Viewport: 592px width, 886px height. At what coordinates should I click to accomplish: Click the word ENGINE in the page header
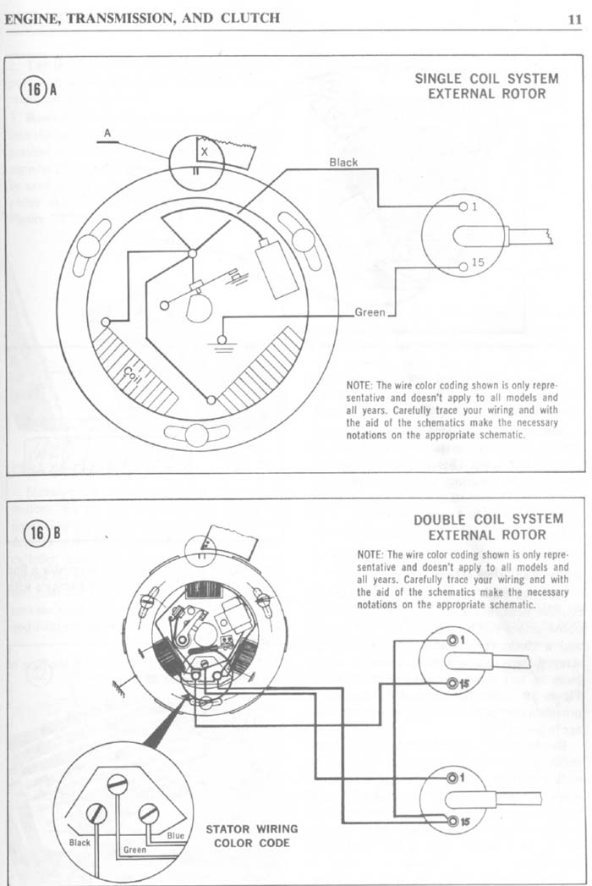click(31, 17)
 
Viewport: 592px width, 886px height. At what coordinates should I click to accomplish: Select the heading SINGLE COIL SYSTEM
click(485, 79)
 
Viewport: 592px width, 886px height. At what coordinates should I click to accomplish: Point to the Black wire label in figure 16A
click(343, 162)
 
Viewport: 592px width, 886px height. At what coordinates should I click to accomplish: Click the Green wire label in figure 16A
click(370, 312)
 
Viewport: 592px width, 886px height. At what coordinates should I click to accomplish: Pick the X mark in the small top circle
click(204, 151)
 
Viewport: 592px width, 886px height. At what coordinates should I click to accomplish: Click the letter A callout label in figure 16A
click(107, 133)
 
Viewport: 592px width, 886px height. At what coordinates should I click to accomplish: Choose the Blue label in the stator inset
click(175, 835)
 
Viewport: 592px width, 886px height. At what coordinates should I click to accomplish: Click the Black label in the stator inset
click(79, 843)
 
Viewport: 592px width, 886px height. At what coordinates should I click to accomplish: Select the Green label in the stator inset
click(135, 850)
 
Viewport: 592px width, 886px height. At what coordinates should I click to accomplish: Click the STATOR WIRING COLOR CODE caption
click(251, 836)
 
